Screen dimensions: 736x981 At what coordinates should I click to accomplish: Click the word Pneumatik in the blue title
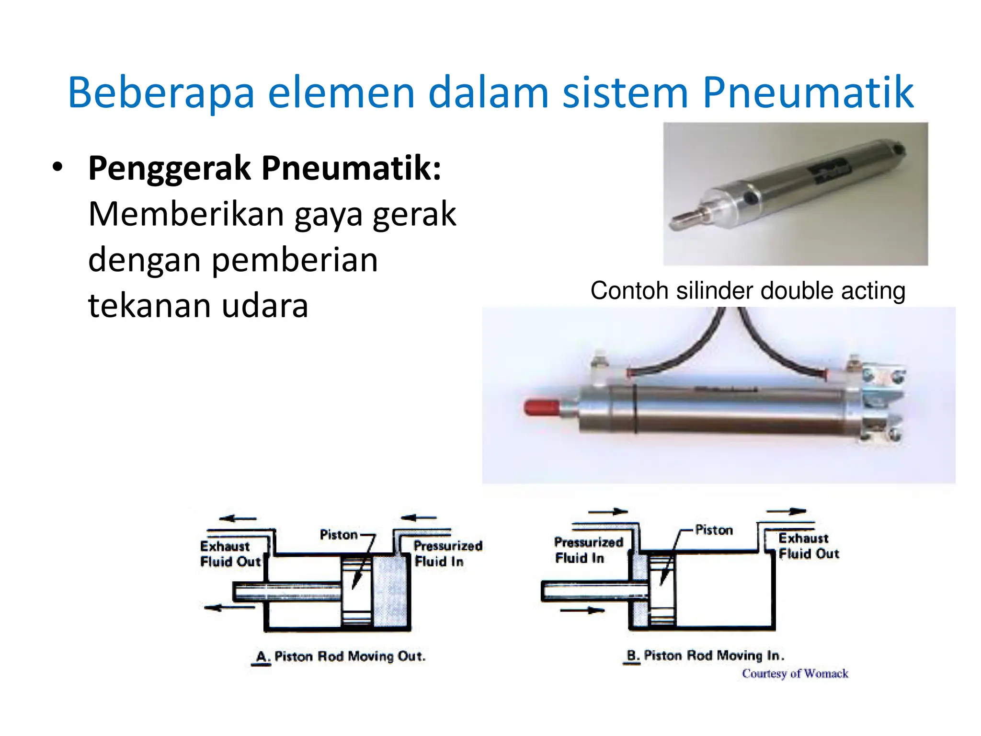[808, 92]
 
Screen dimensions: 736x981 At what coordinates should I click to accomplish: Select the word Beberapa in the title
[161, 92]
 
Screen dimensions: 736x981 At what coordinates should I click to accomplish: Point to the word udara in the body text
[265, 306]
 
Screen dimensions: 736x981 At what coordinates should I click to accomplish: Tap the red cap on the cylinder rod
[542, 407]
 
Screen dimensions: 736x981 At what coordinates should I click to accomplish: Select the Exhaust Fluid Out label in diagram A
[230, 554]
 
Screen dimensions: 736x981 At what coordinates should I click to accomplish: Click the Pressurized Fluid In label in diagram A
[447, 553]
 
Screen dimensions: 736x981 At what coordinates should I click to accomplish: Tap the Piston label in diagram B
[714, 530]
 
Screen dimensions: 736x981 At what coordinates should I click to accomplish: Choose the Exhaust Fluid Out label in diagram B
[809, 546]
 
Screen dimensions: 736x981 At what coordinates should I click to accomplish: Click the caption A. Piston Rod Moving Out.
[341, 656]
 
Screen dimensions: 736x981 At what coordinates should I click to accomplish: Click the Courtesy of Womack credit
[795, 674]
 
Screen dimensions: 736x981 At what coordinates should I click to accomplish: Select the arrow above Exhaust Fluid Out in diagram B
[787, 512]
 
